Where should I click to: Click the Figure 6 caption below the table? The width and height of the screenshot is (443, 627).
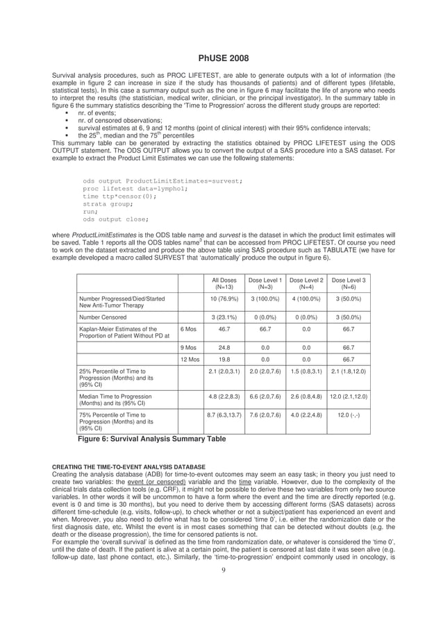point(151,438)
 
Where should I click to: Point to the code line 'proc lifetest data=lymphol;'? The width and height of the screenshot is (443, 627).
point(135,188)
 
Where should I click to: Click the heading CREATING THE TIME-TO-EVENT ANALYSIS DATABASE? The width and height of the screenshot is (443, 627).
point(128,466)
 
